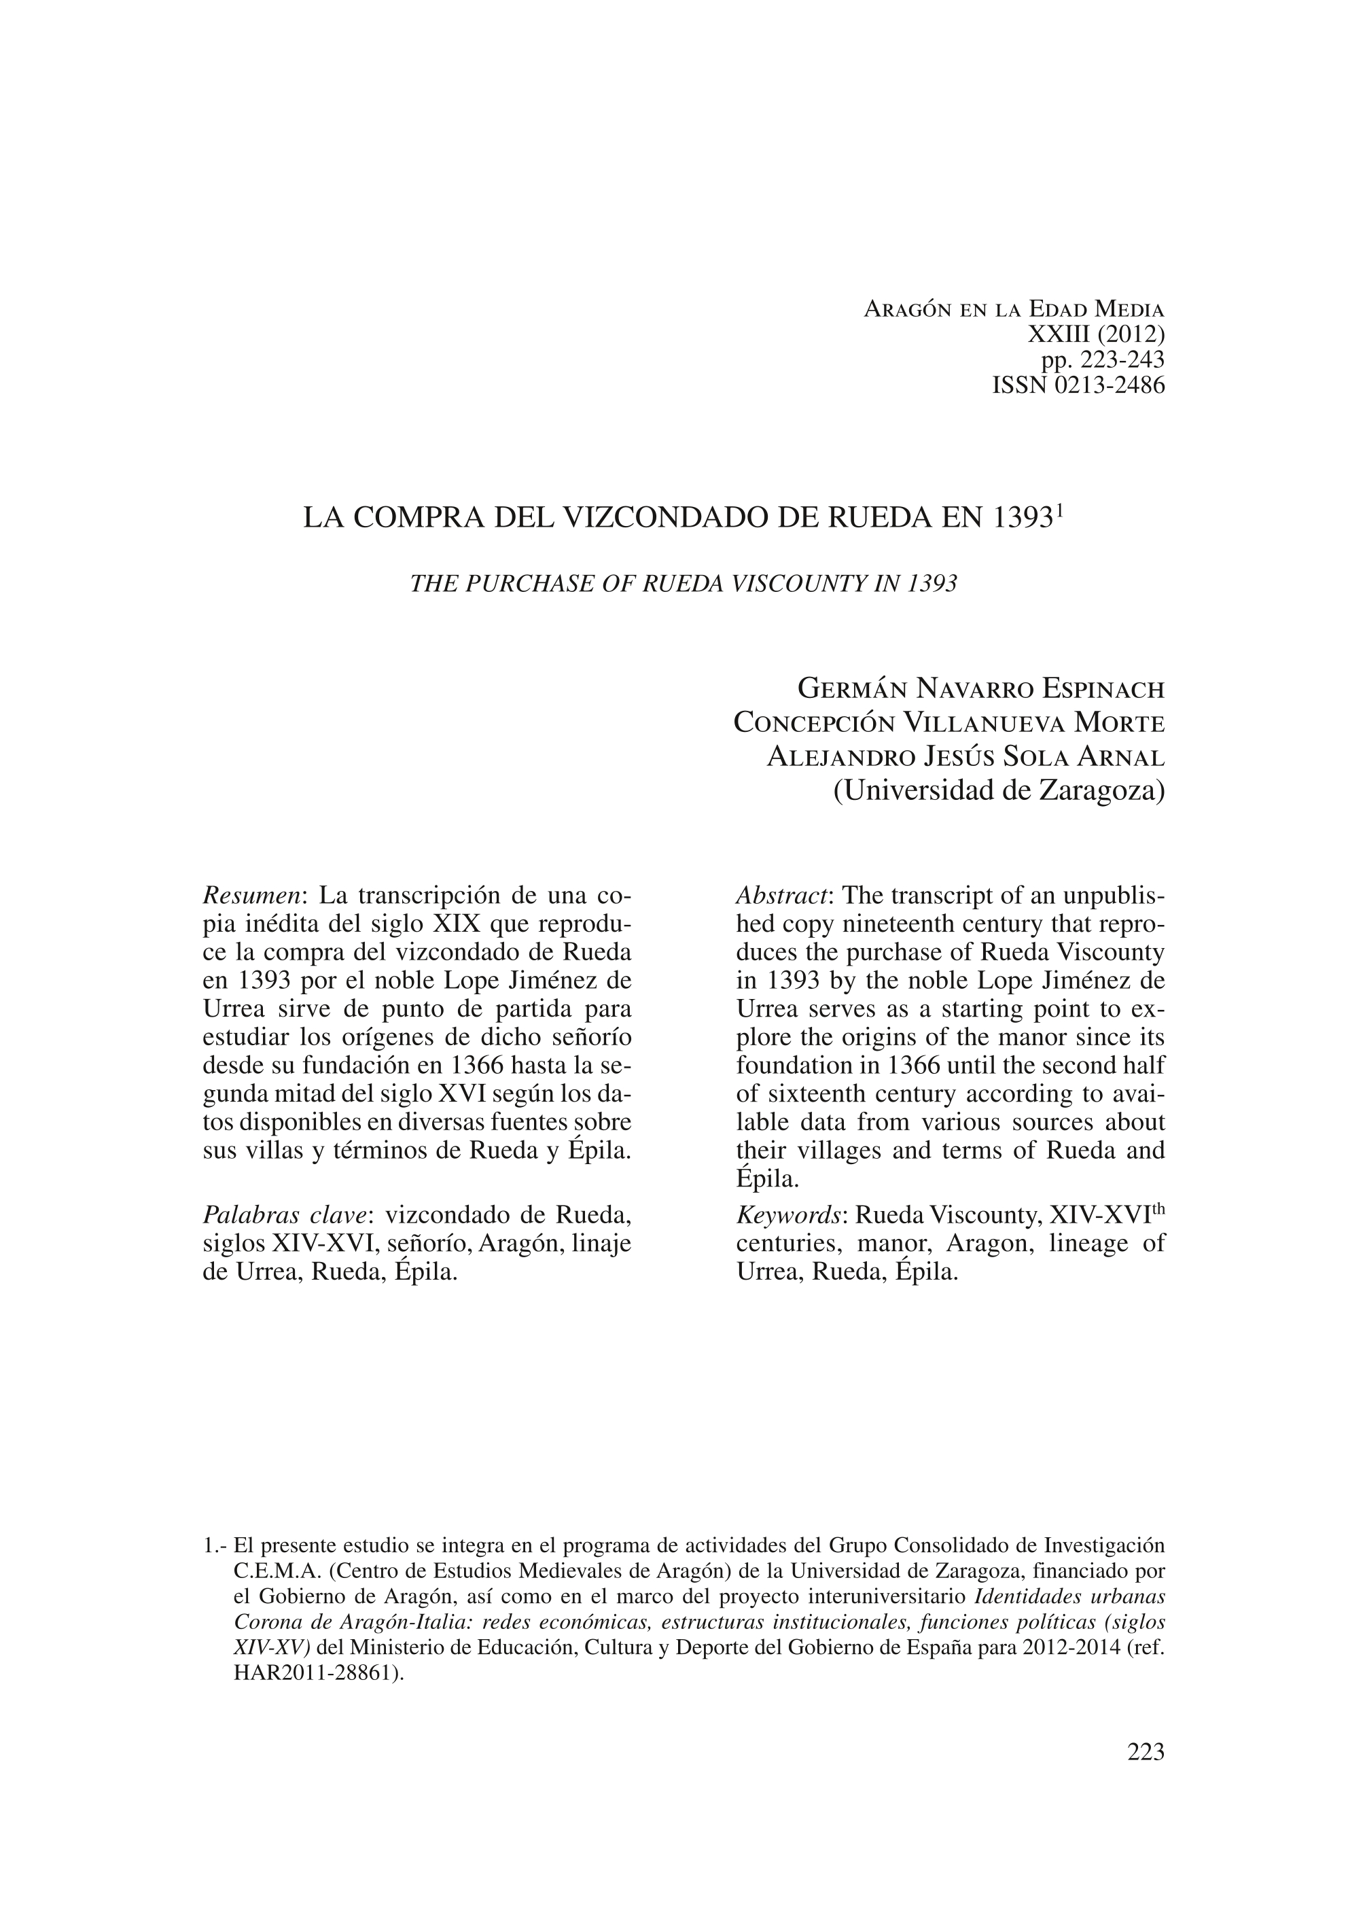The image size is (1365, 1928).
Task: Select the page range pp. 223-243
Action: coord(1103,361)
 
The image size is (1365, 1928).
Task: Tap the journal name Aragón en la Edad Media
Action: coord(1014,309)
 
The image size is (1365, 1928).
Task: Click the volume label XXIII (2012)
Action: coord(1096,334)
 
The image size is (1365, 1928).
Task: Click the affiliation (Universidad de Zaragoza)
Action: coord(999,791)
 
